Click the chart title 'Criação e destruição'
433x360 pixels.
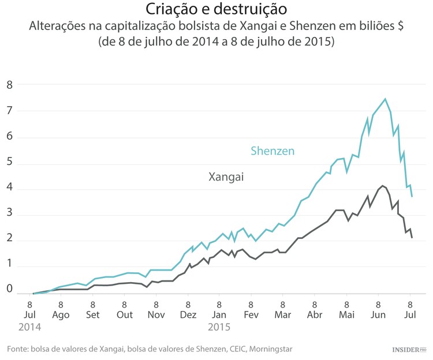coord(215,10)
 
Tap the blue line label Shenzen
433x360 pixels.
coord(272,151)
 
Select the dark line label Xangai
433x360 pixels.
coord(226,177)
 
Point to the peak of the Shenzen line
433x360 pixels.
coord(385,99)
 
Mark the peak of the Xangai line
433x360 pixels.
coord(382,186)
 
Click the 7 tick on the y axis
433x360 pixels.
coord(9,111)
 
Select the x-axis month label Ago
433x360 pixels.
coord(61,315)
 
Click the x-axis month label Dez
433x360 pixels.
coord(188,315)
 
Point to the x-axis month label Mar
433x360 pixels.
coord(283,315)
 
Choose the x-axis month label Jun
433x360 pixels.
coord(378,315)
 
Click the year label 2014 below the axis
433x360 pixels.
coord(29,327)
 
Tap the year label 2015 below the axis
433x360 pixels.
coord(219,327)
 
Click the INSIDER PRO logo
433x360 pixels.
coord(408,350)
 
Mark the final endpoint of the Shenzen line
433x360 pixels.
coord(412,197)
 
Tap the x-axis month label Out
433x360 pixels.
coord(124,315)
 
